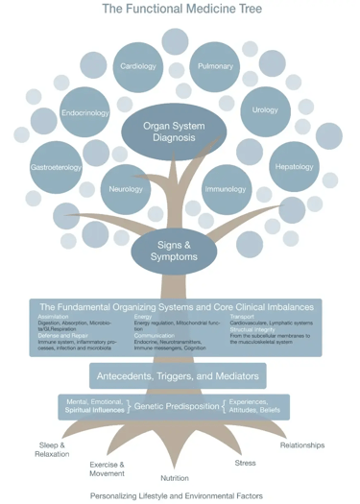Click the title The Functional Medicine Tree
coord(180,10)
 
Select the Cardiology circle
coord(139,66)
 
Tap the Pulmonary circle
coord(215,66)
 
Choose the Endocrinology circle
coord(85,112)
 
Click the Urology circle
coord(265,109)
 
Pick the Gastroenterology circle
coord(57,166)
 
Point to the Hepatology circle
coord(294,166)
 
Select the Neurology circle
coord(126,189)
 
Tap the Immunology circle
coord(226,189)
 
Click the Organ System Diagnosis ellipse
coord(174,132)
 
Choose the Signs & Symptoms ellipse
coord(174,251)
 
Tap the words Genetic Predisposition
coord(175,407)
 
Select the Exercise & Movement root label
coord(107,468)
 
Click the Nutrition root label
coord(175,477)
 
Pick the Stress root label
coord(245,463)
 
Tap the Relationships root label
coord(301,445)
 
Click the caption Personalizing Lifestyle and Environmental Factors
coord(176,496)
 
